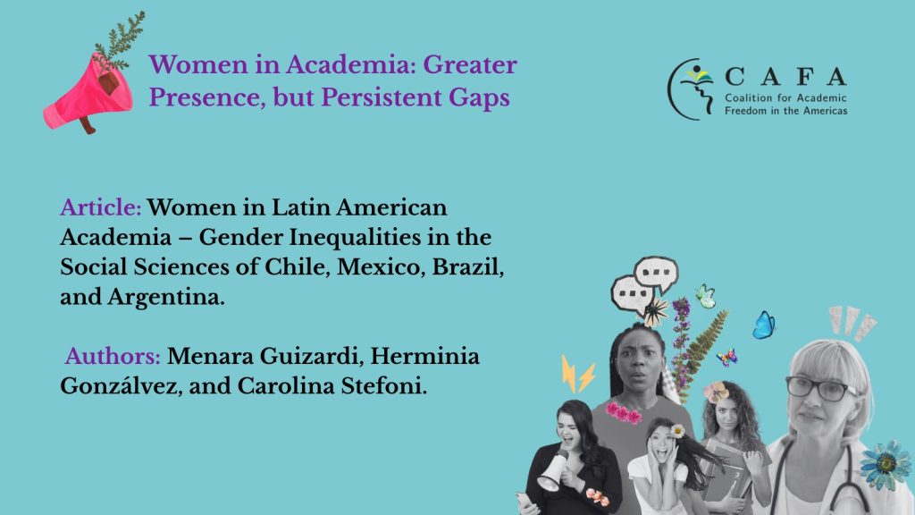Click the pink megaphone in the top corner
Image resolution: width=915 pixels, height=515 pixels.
[x=88, y=92]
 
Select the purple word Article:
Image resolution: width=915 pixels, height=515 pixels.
[x=100, y=207]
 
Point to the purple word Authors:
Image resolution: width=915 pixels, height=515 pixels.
[x=113, y=356]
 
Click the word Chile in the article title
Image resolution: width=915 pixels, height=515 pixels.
[x=298, y=266]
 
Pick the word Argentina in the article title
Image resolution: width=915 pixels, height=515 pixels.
[x=165, y=297]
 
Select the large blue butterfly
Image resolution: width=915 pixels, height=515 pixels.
[x=763, y=325]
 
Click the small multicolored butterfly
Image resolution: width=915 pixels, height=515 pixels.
[x=727, y=356]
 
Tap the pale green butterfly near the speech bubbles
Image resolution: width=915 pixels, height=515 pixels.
[x=706, y=296]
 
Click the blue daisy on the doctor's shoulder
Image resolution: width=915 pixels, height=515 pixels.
[x=886, y=465]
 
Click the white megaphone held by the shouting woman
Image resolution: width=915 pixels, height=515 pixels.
[x=553, y=471]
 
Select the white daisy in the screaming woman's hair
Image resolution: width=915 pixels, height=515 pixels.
[x=677, y=431]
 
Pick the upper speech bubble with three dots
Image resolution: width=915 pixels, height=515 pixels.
[x=657, y=274]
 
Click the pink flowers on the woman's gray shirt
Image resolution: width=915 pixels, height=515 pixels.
[x=623, y=412]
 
